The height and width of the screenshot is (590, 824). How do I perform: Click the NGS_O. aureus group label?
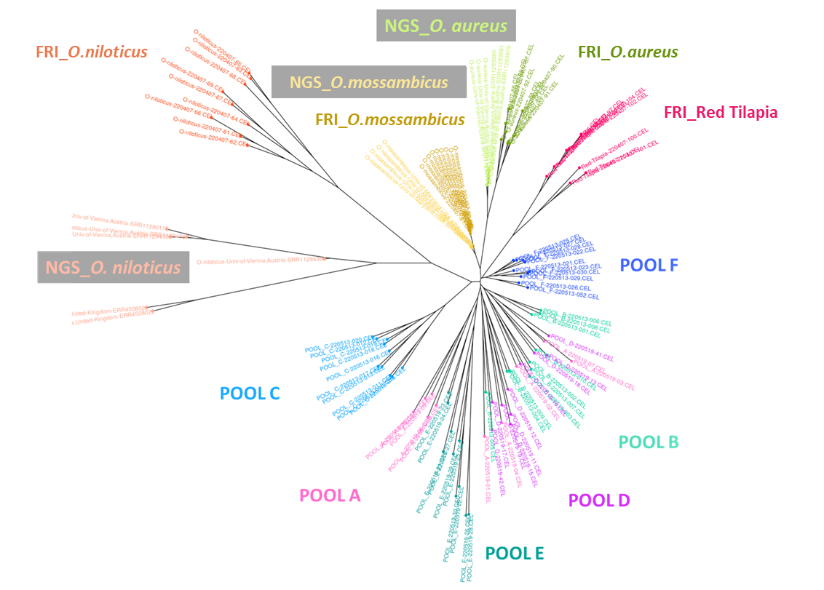tap(445, 26)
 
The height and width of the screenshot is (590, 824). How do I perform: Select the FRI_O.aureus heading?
tap(627, 52)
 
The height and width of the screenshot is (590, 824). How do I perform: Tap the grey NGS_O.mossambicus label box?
tap(368, 82)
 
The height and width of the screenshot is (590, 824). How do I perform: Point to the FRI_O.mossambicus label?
tap(389, 119)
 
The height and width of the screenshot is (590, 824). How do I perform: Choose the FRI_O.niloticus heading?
tap(92, 52)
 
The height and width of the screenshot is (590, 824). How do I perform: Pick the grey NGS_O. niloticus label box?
tap(113, 268)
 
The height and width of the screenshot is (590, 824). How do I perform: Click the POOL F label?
tap(649, 266)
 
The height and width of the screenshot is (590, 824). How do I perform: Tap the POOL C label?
tap(250, 394)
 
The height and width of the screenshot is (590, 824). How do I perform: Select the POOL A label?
tap(330, 495)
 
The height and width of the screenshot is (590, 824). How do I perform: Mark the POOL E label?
tap(514, 554)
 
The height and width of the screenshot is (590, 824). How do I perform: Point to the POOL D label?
tap(598, 501)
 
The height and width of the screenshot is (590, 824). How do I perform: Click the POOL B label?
tap(648, 442)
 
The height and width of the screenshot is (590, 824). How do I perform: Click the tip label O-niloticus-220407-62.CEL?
tap(213, 140)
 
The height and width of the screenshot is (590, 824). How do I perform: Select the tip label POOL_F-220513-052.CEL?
tap(564, 292)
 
